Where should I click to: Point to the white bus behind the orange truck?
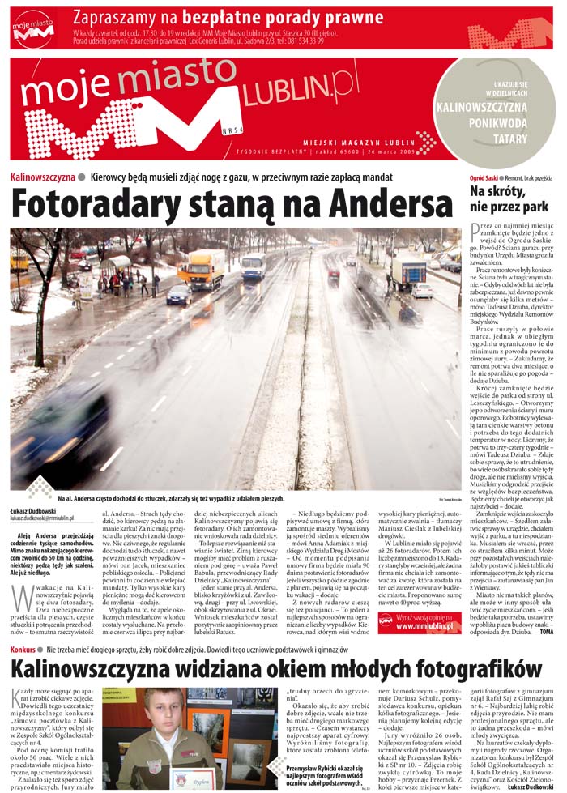(x=253, y=266)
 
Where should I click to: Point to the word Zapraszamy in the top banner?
(x=124, y=16)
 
